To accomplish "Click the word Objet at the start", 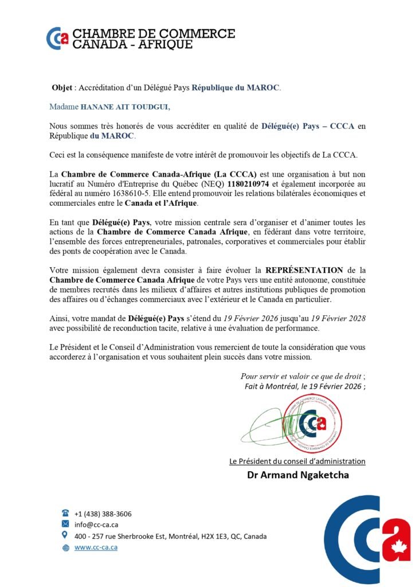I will (x=62, y=88).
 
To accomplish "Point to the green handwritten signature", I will (x=269, y=424).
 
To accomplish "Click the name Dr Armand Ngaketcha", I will (x=297, y=475).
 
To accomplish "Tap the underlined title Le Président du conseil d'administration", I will (x=297, y=461).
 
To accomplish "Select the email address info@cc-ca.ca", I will (x=96, y=525).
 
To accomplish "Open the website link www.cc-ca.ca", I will (x=96, y=547).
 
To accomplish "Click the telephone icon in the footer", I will (x=65, y=513).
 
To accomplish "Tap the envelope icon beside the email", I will (x=65, y=525).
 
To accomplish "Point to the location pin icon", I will (x=65, y=535).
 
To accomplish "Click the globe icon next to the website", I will (x=65, y=547).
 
